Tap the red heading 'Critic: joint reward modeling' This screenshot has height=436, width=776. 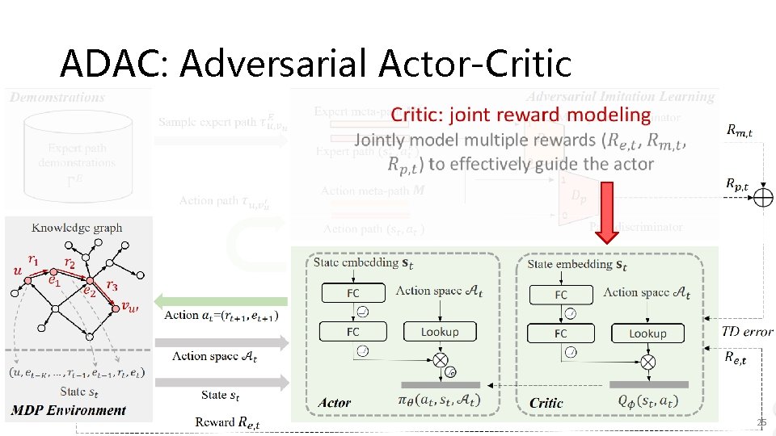[521, 115]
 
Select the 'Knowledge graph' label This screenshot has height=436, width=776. [77, 228]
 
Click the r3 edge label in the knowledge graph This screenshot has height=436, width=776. [112, 285]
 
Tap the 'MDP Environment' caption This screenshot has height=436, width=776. [69, 410]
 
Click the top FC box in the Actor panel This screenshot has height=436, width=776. [352, 293]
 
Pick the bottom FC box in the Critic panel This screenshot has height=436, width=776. [560, 333]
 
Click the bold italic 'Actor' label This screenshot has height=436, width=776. [335, 402]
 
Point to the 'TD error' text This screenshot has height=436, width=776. [747, 331]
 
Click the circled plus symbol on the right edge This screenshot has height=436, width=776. [762, 196]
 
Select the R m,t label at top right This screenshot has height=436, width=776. [738, 129]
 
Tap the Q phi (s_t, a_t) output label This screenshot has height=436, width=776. [647, 400]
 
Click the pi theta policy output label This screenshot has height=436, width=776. [440, 400]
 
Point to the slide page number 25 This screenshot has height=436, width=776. [761, 423]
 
